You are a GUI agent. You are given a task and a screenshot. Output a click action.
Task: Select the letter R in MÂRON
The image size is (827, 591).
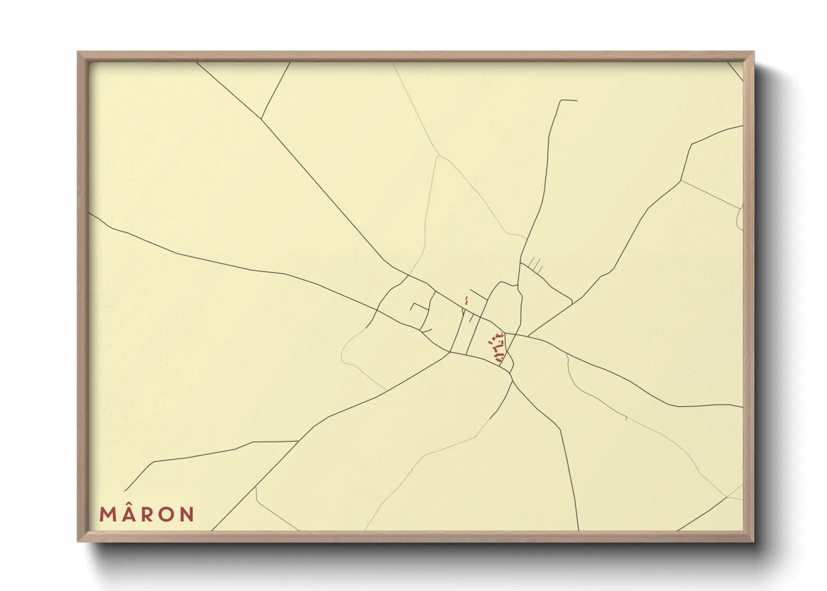[146, 514]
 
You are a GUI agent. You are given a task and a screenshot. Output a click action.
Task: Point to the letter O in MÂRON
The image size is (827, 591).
[166, 514]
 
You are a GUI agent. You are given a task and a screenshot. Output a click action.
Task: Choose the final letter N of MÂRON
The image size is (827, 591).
[187, 514]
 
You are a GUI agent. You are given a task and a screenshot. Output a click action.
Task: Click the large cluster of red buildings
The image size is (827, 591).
[497, 347]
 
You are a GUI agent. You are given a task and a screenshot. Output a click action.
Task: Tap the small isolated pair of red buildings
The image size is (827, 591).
[466, 301]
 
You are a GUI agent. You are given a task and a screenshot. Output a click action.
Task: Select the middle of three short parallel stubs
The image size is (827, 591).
[535, 264]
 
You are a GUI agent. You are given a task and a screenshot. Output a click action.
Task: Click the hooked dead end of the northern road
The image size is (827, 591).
[569, 101]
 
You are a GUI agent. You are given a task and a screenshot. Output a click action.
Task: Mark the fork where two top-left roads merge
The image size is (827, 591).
[261, 118]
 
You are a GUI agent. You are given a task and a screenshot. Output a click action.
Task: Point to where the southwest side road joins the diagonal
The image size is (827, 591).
[298, 441]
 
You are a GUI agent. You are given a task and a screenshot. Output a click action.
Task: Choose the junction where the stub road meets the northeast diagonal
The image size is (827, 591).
[572, 303]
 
